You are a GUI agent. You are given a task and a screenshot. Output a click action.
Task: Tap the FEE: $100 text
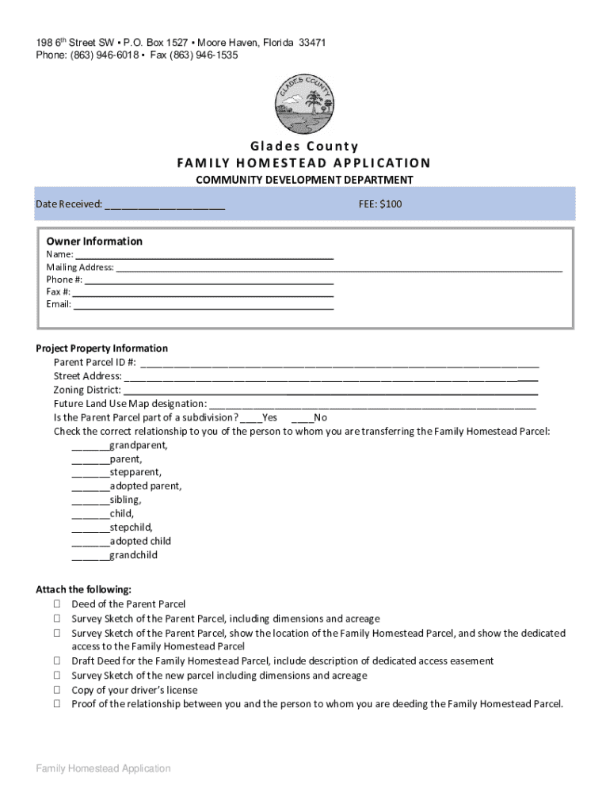point(380,204)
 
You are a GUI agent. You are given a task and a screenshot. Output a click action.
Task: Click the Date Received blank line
point(164,206)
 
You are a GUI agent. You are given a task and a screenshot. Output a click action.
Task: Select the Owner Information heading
point(94,242)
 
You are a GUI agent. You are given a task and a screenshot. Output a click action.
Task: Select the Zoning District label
point(87,390)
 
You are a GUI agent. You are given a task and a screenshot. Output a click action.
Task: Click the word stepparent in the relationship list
point(135,473)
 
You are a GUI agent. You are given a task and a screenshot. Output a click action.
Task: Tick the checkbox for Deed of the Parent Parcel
point(58,604)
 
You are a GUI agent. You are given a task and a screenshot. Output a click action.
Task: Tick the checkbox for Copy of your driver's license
point(58,690)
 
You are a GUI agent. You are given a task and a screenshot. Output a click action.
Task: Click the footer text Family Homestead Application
point(103,768)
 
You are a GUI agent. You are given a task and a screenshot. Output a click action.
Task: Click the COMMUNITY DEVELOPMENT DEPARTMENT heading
point(304,180)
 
